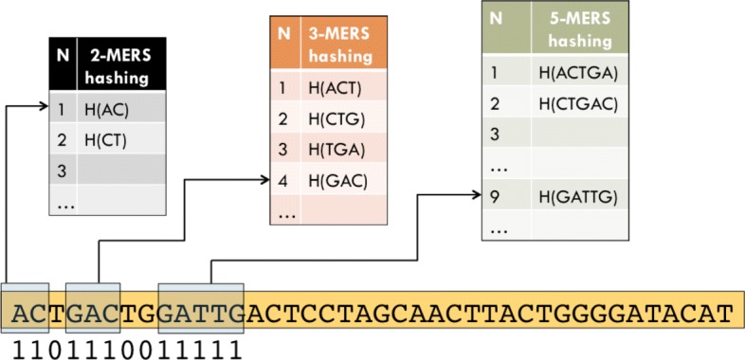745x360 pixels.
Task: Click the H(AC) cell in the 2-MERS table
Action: point(119,109)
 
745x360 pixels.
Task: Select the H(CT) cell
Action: point(119,140)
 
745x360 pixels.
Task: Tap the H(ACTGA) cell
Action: point(578,72)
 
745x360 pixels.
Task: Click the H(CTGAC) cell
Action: point(578,103)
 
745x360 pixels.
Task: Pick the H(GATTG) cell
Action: point(578,196)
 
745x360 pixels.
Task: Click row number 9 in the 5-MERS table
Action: point(494,196)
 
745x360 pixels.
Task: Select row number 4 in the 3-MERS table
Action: point(282,180)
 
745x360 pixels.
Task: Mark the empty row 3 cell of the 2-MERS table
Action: point(119,171)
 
